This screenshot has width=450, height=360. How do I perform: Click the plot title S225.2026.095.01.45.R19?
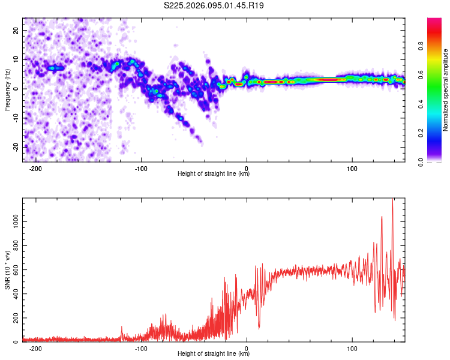coord(214,5)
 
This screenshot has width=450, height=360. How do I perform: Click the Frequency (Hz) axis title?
coord(7,89)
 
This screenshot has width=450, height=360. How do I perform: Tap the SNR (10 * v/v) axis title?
coord(7,270)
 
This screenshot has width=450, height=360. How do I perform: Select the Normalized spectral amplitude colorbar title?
coord(446,90)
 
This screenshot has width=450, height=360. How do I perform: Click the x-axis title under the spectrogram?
coord(214,174)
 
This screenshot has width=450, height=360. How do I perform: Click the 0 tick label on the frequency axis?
coord(16,89)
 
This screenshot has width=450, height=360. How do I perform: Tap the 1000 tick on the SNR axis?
coord(12,221)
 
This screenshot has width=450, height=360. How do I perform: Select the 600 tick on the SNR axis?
coord(14,269)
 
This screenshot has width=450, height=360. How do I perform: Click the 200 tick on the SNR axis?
coord(14,318)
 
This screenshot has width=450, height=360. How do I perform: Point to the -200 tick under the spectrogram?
coord(35,167)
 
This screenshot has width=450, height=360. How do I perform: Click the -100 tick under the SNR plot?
coord(141,348)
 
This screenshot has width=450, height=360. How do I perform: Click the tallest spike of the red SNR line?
coord(392,200)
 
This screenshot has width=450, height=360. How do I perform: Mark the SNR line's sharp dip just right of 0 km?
coord(259,328)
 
